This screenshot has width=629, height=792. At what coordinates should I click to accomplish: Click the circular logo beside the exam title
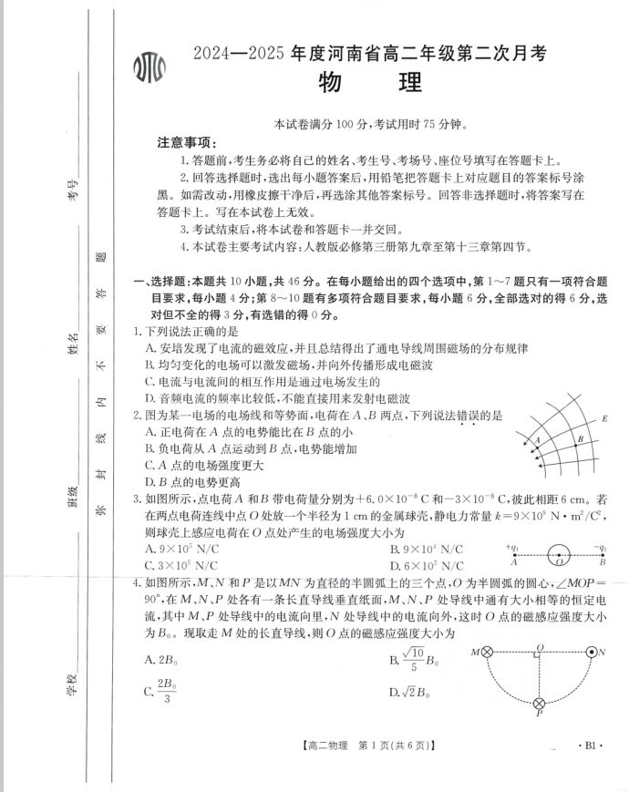150,69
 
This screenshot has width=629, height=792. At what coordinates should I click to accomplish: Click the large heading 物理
370,83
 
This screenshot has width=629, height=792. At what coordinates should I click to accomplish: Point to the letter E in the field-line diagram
605,419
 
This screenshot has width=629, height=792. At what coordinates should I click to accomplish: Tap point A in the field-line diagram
537,440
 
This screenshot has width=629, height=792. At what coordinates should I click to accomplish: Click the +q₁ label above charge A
511,548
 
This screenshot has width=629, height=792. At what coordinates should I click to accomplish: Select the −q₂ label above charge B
599,548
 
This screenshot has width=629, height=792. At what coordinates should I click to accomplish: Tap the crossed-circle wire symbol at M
487,652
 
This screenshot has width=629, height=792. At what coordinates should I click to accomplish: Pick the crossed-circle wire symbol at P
539,703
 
